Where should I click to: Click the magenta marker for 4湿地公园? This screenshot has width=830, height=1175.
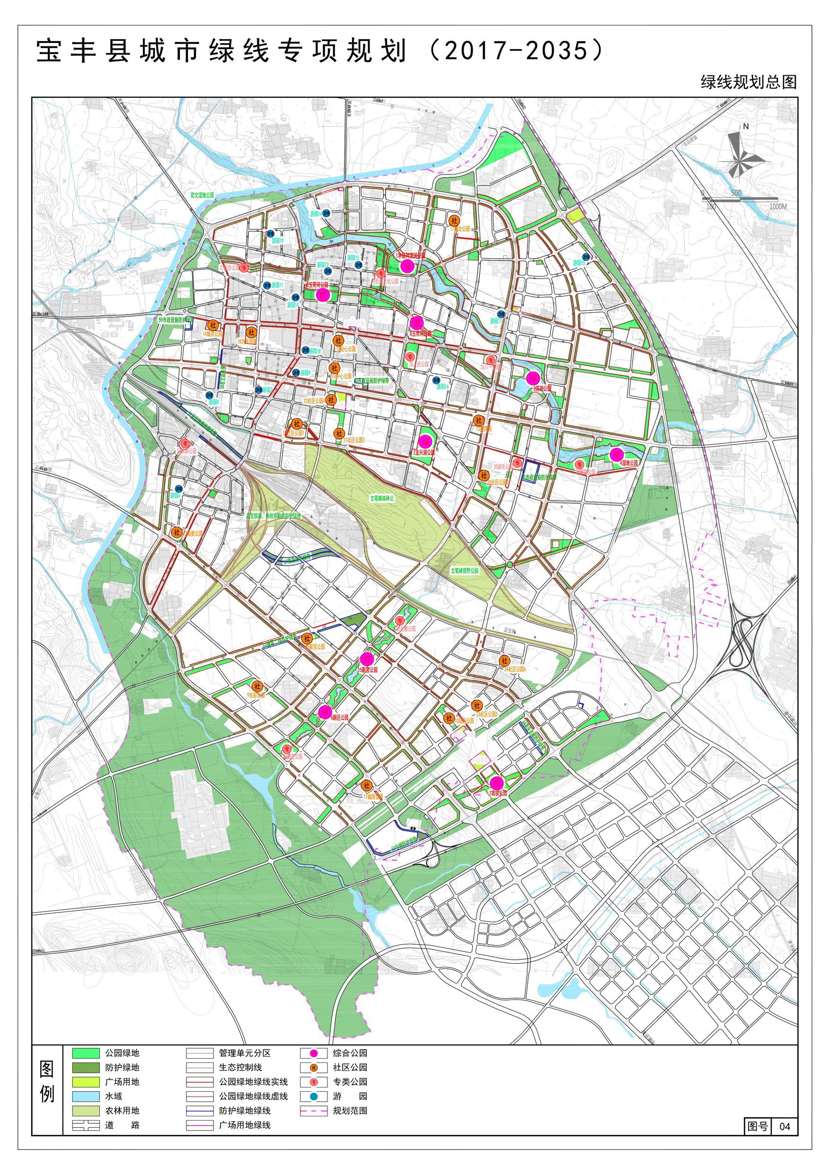[617, 455]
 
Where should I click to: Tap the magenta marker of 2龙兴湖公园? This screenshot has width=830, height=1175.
[424, 442]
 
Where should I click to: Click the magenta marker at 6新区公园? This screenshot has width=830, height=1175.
[325, 712]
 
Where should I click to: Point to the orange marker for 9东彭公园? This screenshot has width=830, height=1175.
[257, 686]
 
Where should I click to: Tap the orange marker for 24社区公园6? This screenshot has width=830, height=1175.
[504, 661]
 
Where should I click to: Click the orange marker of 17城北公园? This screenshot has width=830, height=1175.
[454, 220]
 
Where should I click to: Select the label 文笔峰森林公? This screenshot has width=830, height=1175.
[382, 498]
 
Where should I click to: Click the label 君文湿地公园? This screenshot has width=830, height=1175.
[202, 195]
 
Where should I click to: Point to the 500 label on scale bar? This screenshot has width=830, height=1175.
[736, 193]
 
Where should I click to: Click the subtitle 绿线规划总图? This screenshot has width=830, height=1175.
[748, 82]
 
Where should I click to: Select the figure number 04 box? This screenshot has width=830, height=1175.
[785, 1126]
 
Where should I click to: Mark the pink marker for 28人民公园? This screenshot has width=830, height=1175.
[410, 357]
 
